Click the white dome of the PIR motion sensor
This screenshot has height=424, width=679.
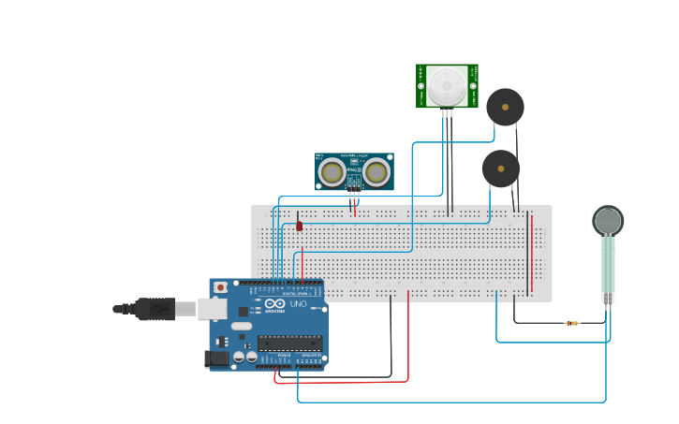447,85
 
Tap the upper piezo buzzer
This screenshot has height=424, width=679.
505,108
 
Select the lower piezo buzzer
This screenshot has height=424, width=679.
501,169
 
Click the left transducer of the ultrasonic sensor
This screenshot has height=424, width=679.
332,172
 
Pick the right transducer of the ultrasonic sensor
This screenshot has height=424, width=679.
376,172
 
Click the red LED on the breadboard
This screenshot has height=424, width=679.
300,225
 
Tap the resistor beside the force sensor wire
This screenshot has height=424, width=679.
571,324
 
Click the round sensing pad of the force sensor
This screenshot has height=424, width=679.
608,221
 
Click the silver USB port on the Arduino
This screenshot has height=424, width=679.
213,308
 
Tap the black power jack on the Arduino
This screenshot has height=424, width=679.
216,358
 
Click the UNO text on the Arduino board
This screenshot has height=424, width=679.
297,304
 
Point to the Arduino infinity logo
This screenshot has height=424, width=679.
274,304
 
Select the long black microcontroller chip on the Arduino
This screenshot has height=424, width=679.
290,344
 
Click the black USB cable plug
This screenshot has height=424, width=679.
155,308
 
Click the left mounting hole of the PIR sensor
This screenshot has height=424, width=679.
421,86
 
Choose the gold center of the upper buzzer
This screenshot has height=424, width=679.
506,107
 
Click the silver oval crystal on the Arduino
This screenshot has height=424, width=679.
242,327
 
